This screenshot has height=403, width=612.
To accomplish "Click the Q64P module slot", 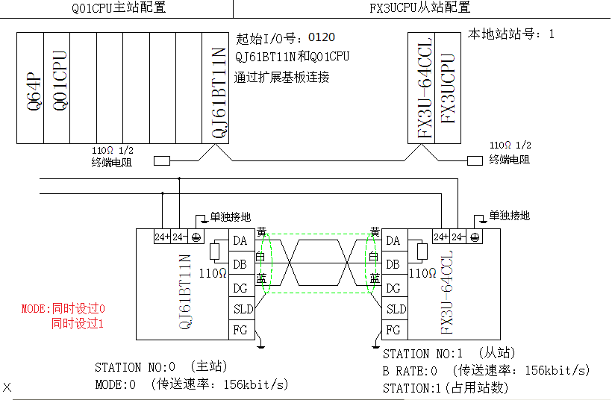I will tap(31, 88).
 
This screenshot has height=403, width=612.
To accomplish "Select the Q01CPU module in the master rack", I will tap(57, 88).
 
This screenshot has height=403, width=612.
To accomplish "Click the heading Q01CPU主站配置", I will tap(118, 8).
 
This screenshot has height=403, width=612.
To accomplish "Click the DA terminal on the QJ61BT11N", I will tap(240, 240).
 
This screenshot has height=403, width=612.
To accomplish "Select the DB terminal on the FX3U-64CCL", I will tap(393, 264).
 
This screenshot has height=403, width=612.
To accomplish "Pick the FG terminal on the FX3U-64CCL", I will tap(393, 329).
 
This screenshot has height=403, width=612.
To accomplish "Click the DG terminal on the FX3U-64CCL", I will tap(393, 287).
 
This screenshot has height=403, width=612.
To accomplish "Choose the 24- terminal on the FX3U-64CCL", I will tap(458, 237).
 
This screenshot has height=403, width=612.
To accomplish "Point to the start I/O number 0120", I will tap(322, 37).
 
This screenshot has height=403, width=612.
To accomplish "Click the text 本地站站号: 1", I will tap(510, 34).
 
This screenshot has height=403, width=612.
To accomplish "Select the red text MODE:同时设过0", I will tap(63, 308).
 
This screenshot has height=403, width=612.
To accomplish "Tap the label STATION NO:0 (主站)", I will tap(160, 366).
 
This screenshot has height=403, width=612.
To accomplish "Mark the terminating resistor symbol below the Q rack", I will tap(161, 160).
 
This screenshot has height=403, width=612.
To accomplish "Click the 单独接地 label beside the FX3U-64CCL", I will tap(509, 216).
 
